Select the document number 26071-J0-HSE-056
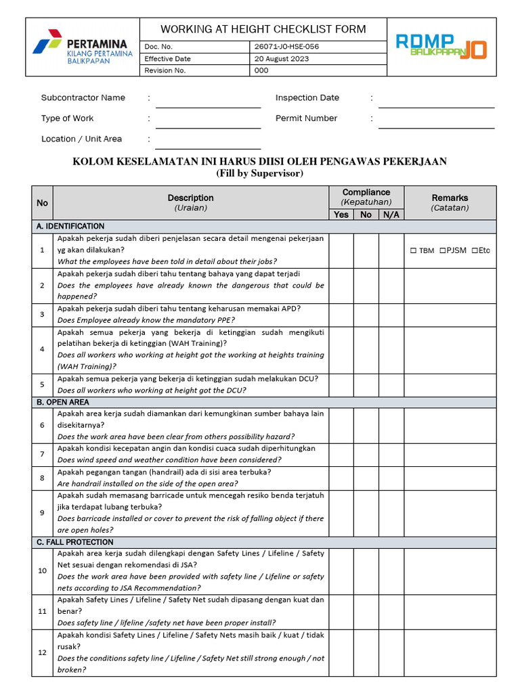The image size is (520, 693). (286, 47)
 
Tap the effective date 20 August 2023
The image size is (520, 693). (282, 59)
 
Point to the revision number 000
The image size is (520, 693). (261, 70)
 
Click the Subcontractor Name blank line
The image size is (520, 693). (208, 103)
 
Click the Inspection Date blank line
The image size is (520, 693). (436, 103)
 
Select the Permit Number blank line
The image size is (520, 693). (436, 123)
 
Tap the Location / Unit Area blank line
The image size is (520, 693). (208, 144)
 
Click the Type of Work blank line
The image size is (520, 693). (208, 123)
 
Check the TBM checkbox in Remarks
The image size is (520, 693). (414, 250)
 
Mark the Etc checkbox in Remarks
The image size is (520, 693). (474, 250)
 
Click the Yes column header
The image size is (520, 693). (341, 215)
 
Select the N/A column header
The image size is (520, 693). (391, 215)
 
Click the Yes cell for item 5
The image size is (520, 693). (341, 384)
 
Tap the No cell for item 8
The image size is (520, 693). (366, 478)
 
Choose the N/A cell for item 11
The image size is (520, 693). (391, 611)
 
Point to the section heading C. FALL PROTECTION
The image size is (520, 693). (75, 542)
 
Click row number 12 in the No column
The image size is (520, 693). (42, 652)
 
